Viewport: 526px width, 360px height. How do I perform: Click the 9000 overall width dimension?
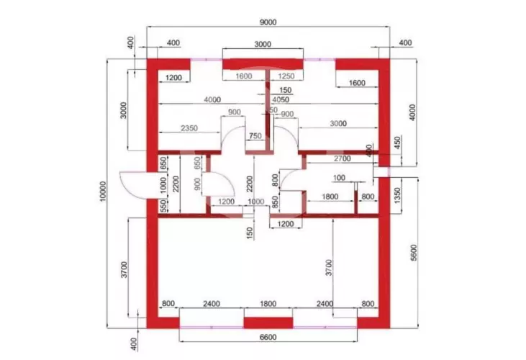click(x=267, y=22)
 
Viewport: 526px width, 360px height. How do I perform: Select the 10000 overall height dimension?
click(x=104, y=194)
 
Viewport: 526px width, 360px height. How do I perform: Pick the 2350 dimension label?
click(x=189, y=127)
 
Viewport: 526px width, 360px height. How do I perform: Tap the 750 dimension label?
click(x=255, y=136)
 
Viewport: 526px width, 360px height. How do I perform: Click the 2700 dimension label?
click(x=341, y=158)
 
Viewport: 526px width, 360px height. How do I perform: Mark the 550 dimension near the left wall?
click(x=164, y=206)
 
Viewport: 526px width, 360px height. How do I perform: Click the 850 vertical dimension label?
click(x=275, y=203)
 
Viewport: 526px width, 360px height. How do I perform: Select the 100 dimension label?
click(x=339, y=177)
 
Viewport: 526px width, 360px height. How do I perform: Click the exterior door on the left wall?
click(x=132, y=184)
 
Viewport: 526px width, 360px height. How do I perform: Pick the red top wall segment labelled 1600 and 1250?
click(x=262, y=66)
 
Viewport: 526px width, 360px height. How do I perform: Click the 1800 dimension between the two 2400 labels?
click(x=267, y=305)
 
